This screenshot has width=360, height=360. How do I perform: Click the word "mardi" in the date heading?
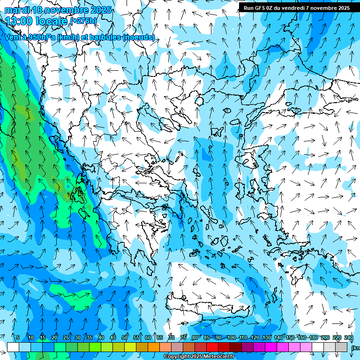point(16,10)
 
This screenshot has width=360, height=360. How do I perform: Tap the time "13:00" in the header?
point(18,21)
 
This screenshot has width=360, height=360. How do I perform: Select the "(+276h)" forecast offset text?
point(84,21)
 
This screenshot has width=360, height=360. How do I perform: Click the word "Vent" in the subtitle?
point(13,37)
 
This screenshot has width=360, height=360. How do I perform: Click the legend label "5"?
point(18,337)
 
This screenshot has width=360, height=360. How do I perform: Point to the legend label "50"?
point(125,337)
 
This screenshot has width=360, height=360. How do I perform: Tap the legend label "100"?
point(231,337)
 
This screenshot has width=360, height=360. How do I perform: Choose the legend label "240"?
point(349,337)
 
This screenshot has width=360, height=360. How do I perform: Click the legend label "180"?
point(313,337)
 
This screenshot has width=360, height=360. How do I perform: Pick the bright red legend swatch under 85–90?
point(213,347)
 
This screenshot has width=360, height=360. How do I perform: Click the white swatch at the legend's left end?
point(13,347)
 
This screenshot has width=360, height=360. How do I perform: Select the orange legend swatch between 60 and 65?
point(154,347)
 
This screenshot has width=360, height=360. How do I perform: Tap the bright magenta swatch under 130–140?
point(271,347)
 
